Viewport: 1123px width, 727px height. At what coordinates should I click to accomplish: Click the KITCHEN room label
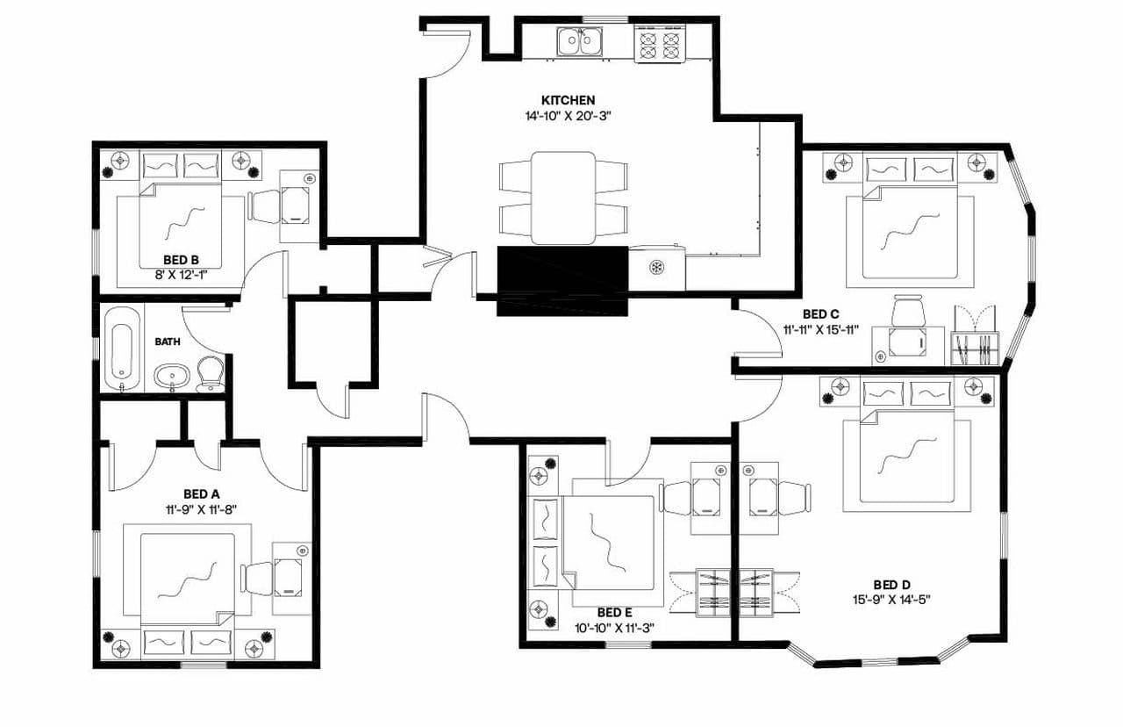tap(568, 100)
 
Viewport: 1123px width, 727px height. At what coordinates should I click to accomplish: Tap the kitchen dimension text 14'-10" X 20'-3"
tap(568, 115)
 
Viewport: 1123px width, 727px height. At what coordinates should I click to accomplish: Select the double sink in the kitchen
tap(579, 40)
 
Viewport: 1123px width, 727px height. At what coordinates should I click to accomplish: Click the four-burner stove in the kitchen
tap(660, 43)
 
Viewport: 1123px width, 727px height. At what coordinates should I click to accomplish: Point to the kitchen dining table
tap(563, 198)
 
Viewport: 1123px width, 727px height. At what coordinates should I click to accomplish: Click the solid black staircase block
tap(562, 279)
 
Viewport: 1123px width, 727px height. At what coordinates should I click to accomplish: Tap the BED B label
tap(181, 260)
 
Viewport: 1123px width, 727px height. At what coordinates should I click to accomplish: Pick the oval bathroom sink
tap(171, 378)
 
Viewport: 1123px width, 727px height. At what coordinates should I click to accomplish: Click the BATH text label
tap(168, 342)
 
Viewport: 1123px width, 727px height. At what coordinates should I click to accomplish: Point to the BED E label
tap(614, 612)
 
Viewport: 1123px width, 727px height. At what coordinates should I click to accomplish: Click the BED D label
tap(891, 585)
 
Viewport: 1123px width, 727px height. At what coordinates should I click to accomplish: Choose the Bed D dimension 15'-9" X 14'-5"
tap(891, 600)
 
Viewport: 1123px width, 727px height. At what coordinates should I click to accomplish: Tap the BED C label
tap(821, 313)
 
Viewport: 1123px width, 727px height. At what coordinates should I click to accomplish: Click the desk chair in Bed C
tap(909, 312)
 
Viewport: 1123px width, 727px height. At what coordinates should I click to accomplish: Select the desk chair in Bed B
tap(263, 205)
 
